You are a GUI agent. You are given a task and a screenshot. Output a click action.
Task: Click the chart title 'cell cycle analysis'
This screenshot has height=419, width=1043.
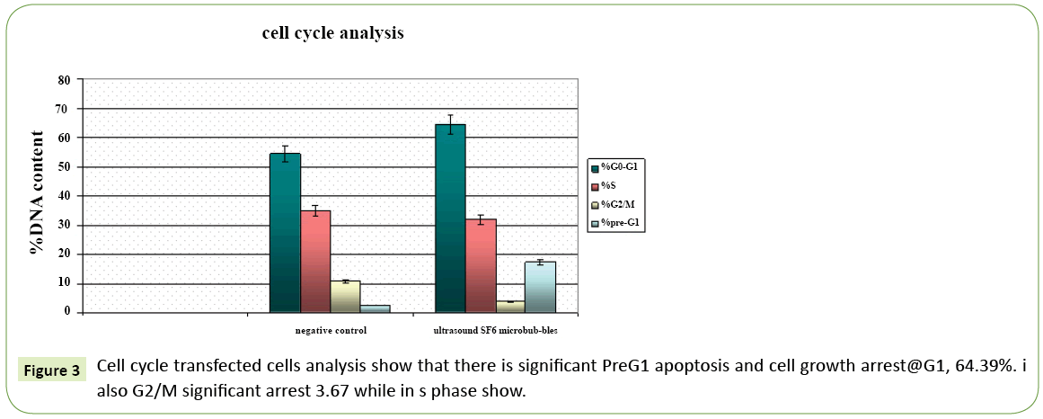coord(332,33)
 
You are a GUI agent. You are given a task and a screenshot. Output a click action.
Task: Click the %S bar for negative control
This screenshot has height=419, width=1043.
coord(315,261)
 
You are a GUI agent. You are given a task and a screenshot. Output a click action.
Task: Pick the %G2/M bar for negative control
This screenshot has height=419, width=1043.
coord(346,296)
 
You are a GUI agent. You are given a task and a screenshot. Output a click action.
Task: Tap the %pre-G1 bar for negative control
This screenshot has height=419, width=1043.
coord(375,308)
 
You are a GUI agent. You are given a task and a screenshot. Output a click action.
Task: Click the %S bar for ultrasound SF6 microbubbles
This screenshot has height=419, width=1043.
coord(481,265)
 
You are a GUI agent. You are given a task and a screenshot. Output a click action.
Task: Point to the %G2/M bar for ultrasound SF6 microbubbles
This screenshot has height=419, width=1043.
coord(510,307)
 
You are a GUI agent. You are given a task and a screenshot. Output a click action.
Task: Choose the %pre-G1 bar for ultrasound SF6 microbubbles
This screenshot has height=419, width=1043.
coord(540,287)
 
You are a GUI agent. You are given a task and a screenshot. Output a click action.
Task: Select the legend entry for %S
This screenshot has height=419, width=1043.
coord(608,185)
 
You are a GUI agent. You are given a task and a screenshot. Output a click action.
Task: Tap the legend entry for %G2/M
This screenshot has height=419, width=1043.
coord(615,204)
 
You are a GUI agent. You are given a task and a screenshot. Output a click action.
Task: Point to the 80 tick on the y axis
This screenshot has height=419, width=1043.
coord(64,79)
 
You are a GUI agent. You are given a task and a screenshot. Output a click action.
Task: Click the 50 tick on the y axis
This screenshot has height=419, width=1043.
coord(64,167)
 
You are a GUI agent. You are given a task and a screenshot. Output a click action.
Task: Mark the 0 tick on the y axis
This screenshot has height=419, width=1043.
coord(66,312)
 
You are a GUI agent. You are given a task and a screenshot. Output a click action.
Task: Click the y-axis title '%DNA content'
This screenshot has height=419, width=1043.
coord(37,193)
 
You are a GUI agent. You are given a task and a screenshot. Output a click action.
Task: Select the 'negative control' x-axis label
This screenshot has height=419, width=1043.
coord(331,331)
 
